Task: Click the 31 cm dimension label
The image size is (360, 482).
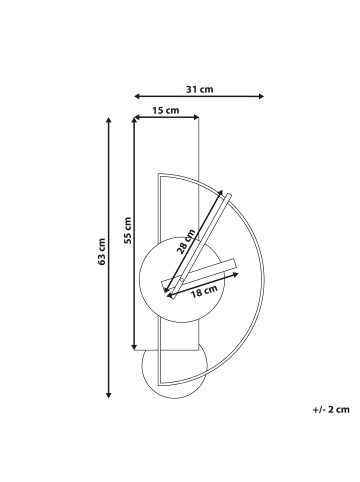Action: [x=199, y=89]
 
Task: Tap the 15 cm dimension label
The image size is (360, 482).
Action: [x=166, y=110]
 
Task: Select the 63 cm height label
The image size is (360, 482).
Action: [x=101, y=252]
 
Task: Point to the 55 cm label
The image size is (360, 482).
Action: [x=127, y=230]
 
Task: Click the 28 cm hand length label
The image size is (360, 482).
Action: [x=186, y=242]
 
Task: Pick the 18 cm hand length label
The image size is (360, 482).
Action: [x=204, y=291]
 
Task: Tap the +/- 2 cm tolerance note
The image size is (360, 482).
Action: [x=331, y=409]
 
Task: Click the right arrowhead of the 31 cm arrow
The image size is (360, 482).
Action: [x=261, y=96]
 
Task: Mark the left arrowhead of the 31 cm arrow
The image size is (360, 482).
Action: [x=137, y=96]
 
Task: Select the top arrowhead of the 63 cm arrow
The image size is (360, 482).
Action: [x=108, y=120]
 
